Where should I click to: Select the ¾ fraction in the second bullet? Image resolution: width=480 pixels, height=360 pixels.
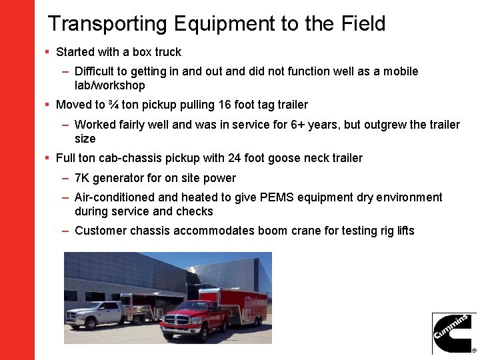(x=113, y=105)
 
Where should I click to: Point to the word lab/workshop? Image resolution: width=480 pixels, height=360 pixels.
(x=109, y=85)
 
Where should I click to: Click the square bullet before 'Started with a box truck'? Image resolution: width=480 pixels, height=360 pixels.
(x=47, y=51)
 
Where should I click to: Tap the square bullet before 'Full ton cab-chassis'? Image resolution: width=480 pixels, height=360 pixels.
(x=47, y=158)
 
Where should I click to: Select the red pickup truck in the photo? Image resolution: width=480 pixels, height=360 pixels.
(x=187, y=319)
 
